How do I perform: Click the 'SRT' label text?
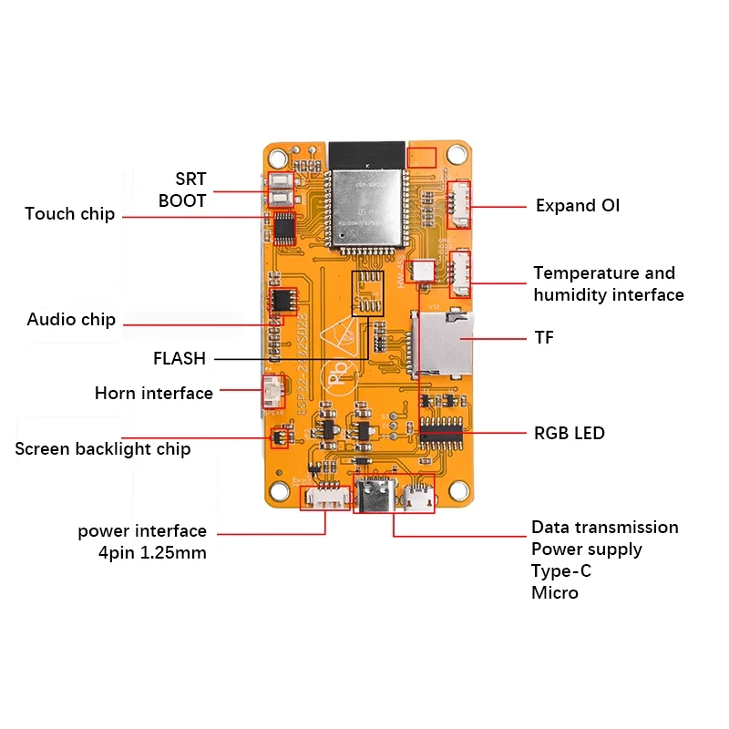pyautogui.click(x=190, y=179)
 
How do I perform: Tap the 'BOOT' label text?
pyautogui.click(x=182, y=200)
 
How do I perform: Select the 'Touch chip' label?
pyautogui.click(x=70, y=214)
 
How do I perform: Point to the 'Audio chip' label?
pyautogui.click(x=71, y=320)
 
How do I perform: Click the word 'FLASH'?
pyautogui.click(x=180, y=359)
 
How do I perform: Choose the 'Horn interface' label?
pyautogui.click(x=154, y=394)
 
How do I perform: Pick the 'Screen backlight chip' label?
pyautogui.click(x=103, y=449)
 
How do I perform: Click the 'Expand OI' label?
pyautogui.click(x=578, y=206)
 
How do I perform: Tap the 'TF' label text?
pyautogui.click(x=544, y=338)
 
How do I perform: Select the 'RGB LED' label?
pyautogui.click(x=570, y=433)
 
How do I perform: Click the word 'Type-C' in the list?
pyautogui.click(x=560, y=571)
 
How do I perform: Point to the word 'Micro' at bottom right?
pyautogui.click(x=555, y=593)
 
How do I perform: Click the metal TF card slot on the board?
pyautogui.click(x=444, y=344)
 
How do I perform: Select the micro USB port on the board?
pyautogui.click(x=419, y=498)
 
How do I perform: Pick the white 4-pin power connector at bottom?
pyautogui.click(x=326, y=499)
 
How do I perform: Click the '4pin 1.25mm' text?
pyautogui.click(x=153, y=553)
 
